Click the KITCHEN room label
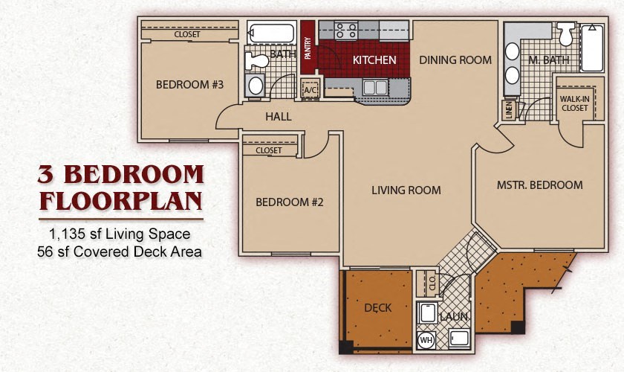coord(374,60)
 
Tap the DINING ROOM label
coord(455,60)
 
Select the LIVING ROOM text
coord(406,190)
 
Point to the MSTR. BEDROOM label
coord(539,185)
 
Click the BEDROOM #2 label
coord(289,202)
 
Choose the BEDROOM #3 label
coord(189,85)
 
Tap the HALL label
coord(279,117)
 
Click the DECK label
coord(377,307)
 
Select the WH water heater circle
coord(426,341)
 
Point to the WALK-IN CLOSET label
coord(573,103)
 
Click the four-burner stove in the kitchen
coord(346,31)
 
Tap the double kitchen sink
coord(375,87)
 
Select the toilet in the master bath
coord(566,33)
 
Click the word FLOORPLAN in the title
coord(120,202)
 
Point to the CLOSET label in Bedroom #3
coord(187,34)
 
